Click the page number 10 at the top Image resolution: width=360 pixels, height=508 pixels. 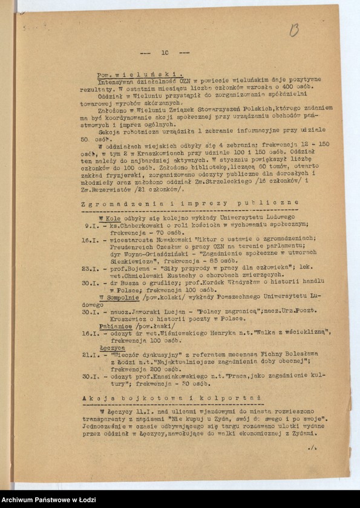[x=165, y=53]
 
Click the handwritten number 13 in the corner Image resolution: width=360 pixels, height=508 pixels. [x=295, y=30]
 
